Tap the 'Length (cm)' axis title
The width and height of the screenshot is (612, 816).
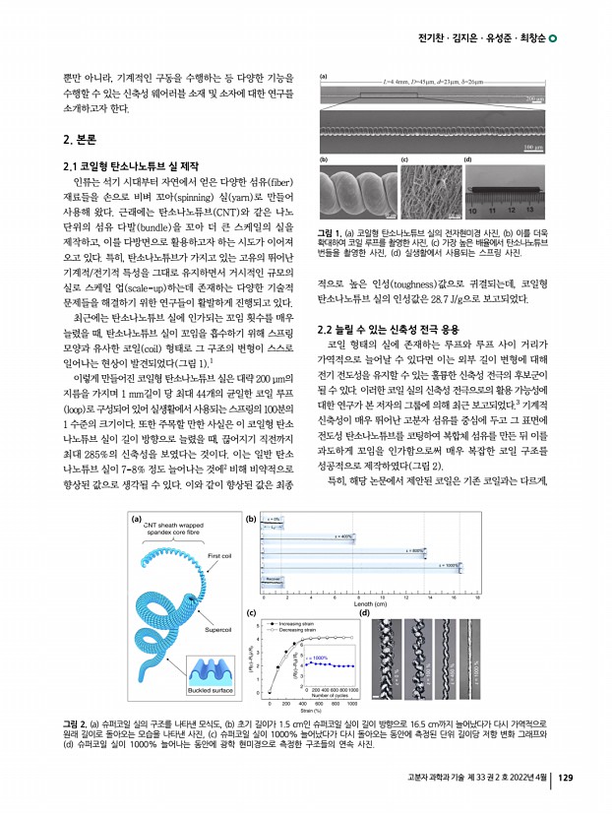373,604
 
